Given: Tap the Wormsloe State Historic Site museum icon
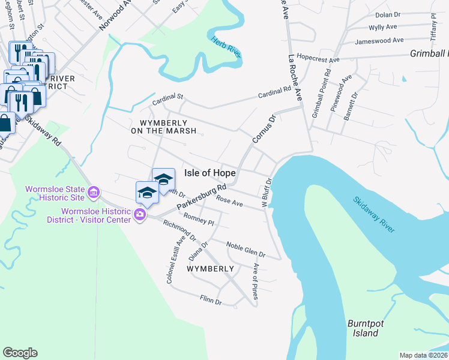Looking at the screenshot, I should coord(94,193).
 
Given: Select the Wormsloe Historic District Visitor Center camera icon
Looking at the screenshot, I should coord(140,214).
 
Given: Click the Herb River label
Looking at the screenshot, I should coord(227,47).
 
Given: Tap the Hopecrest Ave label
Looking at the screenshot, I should coord(318,60).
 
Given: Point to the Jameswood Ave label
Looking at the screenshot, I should coord(379,41).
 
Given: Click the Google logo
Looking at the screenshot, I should coord(20,353).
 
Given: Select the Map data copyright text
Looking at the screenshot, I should coord(424,355).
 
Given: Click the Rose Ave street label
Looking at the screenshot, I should coord(230,201).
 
